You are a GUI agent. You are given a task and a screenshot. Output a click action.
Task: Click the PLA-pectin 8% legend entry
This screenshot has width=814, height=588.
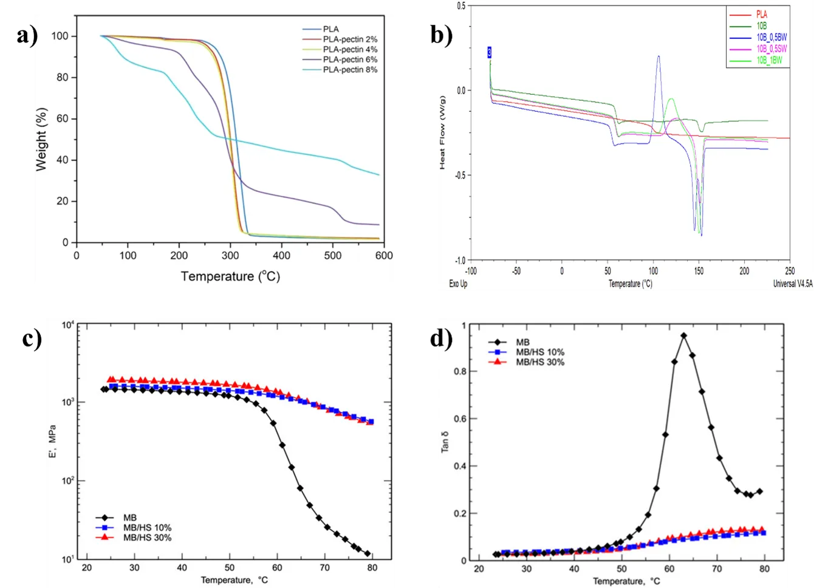click(x=350, y=70)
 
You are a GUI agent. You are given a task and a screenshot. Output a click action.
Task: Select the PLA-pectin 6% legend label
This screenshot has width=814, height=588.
click(x=350, y=60)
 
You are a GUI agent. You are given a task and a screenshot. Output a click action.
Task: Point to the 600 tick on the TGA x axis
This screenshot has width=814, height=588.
click(x=384, y=255)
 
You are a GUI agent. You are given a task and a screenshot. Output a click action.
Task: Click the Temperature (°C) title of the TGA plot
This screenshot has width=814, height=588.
click(x=230, y=276)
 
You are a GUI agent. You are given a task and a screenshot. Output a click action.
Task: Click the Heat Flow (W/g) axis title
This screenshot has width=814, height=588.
click(x=442, y=132)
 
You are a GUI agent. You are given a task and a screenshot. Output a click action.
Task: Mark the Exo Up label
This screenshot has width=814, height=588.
click(x=457, y=284)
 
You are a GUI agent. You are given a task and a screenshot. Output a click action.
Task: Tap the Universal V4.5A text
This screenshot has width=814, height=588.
click(x=792, y=284)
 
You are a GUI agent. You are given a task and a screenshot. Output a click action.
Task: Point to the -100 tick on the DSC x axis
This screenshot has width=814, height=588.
click(x=470, y=271)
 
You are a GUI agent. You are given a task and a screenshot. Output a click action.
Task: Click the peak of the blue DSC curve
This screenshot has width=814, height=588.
click(x=658, y=56)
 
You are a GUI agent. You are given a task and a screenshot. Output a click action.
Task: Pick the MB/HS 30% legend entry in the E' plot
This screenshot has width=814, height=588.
click(x=147, y=538)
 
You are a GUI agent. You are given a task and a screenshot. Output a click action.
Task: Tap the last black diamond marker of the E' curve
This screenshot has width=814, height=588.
click(x=367, y=553)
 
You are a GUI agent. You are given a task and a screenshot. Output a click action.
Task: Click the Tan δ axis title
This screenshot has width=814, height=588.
click(x=446, y=442)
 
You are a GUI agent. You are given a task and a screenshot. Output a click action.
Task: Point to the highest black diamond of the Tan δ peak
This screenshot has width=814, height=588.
click(x=684, y=335)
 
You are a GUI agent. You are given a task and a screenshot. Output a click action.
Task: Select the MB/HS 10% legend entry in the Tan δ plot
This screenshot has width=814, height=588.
click(x=539, y=352)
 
